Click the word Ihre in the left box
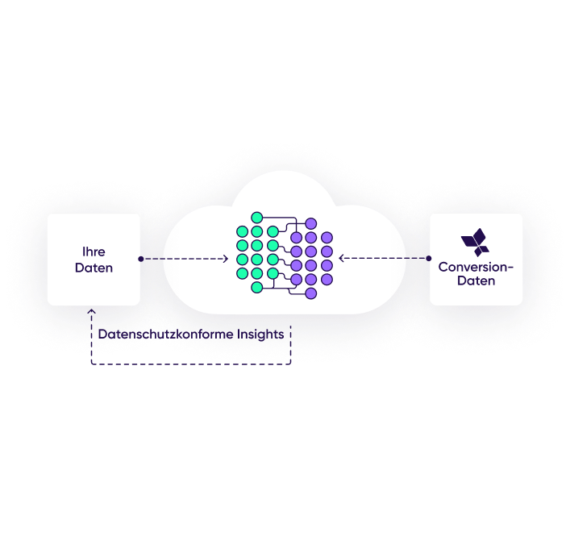[x=94, y=251]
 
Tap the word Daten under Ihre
[x=94, y=268]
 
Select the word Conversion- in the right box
[x=476, y=267]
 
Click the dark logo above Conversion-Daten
[x=475, y=242]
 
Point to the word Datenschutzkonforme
[x=165, y=334]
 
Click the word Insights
[x=260, y=334]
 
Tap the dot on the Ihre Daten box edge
[x=141, y=259]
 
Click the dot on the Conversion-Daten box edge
[x=429, y=259]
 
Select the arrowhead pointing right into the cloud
[x=226, y=259]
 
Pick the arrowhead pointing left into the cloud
[x=341, y=259]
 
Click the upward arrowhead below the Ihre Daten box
[x=92, y=311]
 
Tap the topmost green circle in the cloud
[x=257, y=218]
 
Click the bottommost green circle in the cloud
[x=257, y=288]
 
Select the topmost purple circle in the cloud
[x=311, y=223]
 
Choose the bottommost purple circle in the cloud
[x=311, y=293]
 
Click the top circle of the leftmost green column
[x=242, y=231]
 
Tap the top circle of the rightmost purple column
[x=327, y=238]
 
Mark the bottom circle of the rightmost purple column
[x=327, y=280]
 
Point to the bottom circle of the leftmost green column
[x=242, y=273]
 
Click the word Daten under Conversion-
[x=476, y=281]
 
